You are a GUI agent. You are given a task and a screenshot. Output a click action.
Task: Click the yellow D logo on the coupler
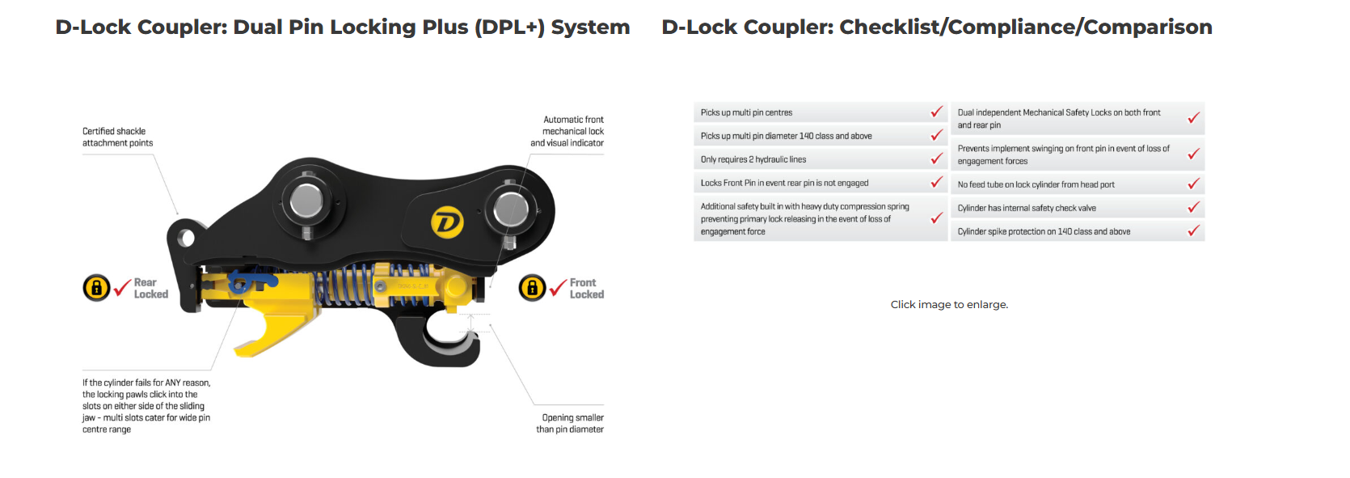pyautogui.click(x=446, y=222)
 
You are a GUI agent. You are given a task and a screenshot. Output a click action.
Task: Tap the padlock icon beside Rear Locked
pyautogui.click(x=96, y=287)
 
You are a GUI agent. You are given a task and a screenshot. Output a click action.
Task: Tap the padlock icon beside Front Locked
pyautogui.click(x=532, y=287)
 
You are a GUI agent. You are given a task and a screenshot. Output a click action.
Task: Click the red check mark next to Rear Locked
pyautogui.click(x=122, y=288)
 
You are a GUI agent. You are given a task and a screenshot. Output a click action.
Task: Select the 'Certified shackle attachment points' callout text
pyautogui.click(x=117, y=137)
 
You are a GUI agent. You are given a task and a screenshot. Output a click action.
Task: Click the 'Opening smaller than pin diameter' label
pyautogui.click(x=570, y=423)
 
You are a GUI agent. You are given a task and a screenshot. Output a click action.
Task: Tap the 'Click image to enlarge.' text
pyautogui.click(x=949, y=305)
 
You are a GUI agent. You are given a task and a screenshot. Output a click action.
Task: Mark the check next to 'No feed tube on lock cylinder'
pyautogui.click(x=1193, y=184)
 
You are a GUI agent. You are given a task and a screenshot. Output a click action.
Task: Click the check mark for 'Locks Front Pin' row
pyautogui.click(x=936, y=183)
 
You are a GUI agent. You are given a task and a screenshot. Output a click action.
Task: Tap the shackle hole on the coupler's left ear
pyautogui.click(x=187, y=238)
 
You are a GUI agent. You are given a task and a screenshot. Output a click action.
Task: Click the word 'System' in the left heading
pyautogui.click(x=590, y=27)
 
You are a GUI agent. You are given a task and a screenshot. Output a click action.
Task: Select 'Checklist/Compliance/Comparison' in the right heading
pyautogui.click(x=1026, y=27)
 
